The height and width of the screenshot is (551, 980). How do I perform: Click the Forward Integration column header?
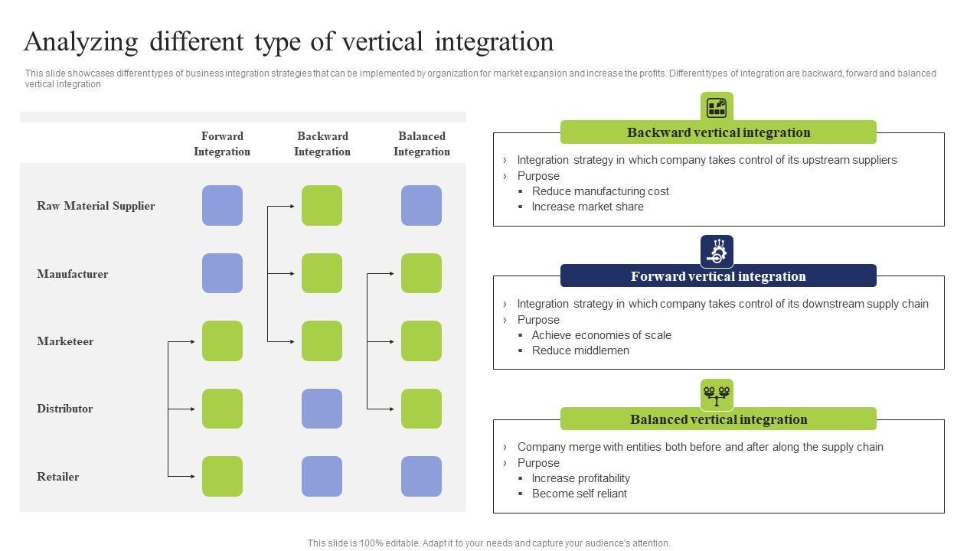click(x=222, y=144)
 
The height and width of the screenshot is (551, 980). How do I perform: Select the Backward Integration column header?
click(x=322, y=144)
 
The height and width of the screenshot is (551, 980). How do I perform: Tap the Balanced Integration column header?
click(x=422, y=144)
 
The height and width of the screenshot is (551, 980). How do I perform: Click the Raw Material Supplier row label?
click(x=96, y=206)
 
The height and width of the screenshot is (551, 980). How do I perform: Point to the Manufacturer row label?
click(x=72, y=274)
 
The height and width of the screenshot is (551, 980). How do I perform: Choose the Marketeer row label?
click(x=65, y=341)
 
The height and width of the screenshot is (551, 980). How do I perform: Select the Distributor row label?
click(x=65, y=409)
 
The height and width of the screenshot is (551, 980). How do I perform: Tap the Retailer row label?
click(x=58, y=477)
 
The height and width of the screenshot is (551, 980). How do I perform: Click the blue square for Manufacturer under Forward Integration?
click(x=222, y=273)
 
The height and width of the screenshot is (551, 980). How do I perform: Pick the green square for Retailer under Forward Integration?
click(x=222, y=476)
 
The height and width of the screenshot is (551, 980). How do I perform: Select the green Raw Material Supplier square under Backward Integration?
click(x=322, y=205)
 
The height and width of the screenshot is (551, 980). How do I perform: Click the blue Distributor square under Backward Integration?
click(x=322, y=409)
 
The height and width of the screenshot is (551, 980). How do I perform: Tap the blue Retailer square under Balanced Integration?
click(x=421, y=476)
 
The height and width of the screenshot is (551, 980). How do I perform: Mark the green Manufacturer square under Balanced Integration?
click(x=421, y=273)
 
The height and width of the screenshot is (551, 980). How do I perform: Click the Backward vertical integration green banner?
click(x=718, y=132)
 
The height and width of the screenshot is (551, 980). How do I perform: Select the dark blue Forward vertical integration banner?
click(x=718, y=276)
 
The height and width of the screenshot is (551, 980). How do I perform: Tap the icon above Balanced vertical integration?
click(x=717, y=395)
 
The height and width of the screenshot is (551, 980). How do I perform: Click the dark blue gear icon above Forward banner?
click(x=717, y=251)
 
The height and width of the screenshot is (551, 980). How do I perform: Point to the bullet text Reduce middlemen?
click(x=580, y=350)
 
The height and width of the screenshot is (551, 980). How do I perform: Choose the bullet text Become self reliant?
click(x=580, y=494)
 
